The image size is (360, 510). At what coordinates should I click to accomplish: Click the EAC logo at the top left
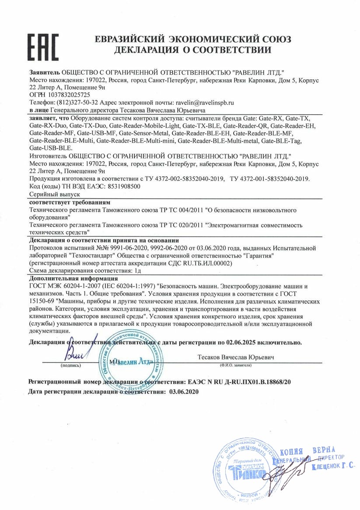point(43,45)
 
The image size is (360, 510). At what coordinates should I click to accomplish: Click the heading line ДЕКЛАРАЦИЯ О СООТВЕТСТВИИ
point(193,50)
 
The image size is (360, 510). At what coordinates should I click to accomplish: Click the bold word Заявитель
point(45,71)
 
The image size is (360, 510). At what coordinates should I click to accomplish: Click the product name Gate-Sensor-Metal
point(144,133)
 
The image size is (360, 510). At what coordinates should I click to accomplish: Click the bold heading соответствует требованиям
point(70,202)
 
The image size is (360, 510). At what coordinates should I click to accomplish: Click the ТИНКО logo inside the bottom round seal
point(249,473)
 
